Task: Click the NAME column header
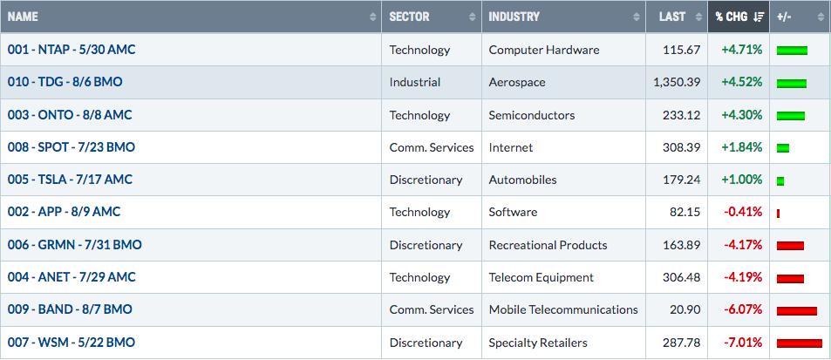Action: (x=23, y=17)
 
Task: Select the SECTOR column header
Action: (x=409, y=17)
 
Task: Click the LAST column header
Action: (x=672, y=17)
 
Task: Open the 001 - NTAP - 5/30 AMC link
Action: (x=72, y=50)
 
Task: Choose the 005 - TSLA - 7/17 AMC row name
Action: (x=70, y=180)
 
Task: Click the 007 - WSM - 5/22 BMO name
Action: (x=71, y=343)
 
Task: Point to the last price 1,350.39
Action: (x=677, y=82)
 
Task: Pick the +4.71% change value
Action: (x=741, y=50)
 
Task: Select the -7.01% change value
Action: (x=743, y=343)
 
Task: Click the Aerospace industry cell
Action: (x=517, y=82)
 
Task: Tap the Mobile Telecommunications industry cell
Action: (x=563, y=309)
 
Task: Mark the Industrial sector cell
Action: (x=415, y=82)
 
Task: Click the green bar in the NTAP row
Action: (x=792, y=51)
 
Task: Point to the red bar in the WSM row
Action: (x=800, y=343)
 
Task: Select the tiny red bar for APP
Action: (x=778, y=214)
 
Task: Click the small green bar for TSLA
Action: (x=780, y=181)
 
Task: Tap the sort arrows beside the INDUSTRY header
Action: (x=636, y=17)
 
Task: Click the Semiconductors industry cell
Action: (x=532, y=115)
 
